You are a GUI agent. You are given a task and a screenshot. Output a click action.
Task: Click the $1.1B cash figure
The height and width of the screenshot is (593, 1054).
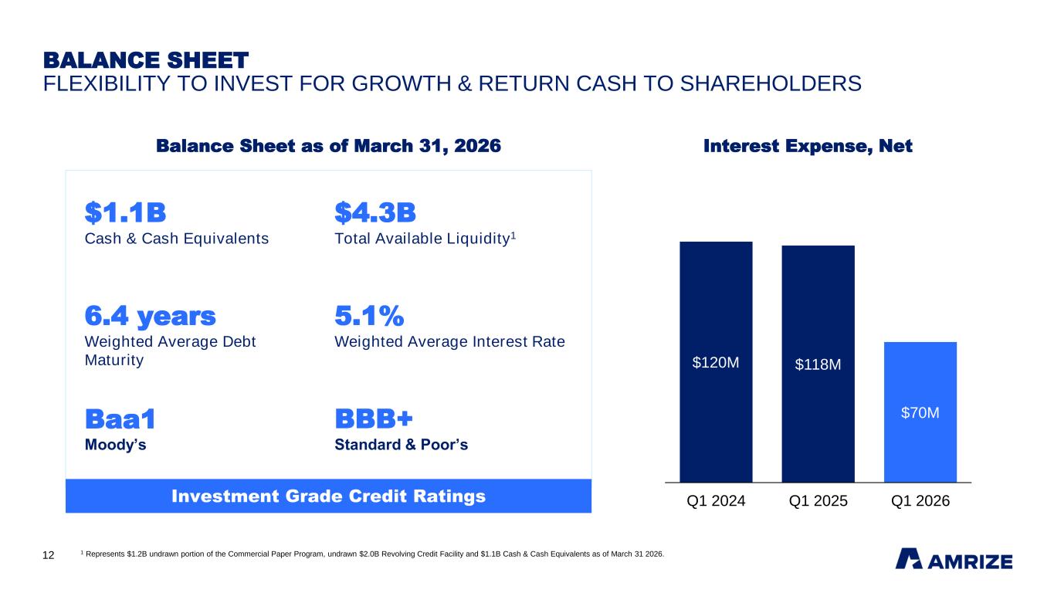[x=126, y=211]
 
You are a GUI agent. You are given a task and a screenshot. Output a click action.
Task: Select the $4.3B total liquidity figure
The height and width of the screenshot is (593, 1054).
[x=375, y=211]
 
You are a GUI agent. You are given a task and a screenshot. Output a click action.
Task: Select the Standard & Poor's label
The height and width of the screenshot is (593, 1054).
[x=401, y=446]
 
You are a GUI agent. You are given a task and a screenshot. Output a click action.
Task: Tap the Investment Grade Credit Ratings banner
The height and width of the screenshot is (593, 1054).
[x=328, y=496]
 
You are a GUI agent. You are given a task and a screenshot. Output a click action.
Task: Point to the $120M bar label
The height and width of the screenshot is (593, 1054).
[x=716, y=363]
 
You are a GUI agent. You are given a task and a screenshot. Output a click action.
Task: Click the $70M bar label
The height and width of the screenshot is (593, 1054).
[x=920, y=414]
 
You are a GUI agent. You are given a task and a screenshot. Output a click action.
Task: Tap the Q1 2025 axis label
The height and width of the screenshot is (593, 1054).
[x=818, y=502]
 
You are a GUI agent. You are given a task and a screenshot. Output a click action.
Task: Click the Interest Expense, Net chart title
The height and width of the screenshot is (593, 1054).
[x=808, y=146]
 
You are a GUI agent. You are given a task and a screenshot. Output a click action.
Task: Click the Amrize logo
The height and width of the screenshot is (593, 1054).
[x=954, y=559]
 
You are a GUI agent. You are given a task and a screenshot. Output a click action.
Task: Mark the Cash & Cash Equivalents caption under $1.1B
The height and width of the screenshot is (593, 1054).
[x=177, y=238]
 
